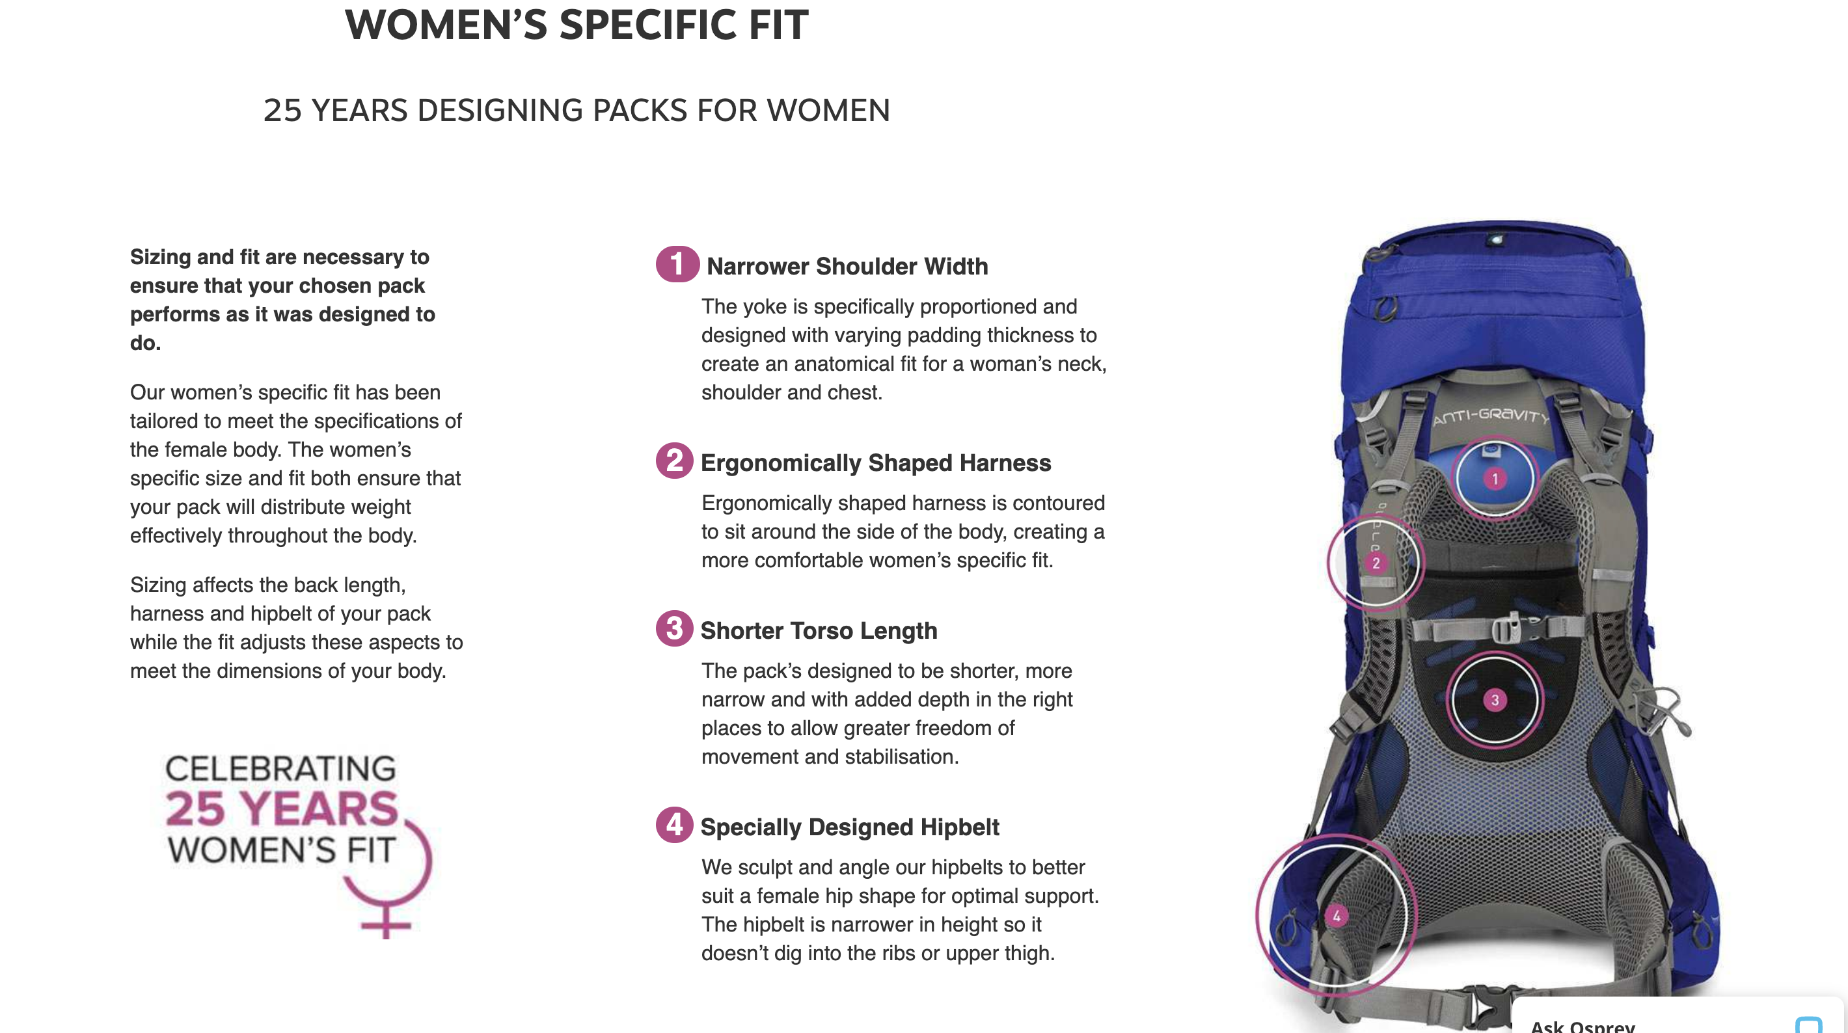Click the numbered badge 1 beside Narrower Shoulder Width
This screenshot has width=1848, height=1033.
pos(677,264)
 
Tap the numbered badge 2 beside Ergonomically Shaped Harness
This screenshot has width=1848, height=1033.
pos(674,461)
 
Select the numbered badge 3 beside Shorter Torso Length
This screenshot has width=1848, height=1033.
pos(674,628)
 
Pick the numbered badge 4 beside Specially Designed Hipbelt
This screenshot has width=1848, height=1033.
pos(674,825)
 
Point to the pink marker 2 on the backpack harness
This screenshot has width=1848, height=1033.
pos(1375,563)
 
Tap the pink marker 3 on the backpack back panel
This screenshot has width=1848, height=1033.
pos(1495,700)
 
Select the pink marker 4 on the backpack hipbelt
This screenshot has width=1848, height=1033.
pos(1336,916)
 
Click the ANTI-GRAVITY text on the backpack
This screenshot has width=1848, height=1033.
pos(1490,416)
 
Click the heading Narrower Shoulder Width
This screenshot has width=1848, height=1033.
pos(847,266)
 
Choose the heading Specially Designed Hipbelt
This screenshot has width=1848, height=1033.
pos(849,827)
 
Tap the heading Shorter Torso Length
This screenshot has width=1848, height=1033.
pos(819,630)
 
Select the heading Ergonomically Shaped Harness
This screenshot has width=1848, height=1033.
pos(875,463)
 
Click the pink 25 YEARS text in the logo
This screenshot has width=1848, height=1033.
pos(281,809)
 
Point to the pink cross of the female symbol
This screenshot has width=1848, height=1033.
pos(386,923)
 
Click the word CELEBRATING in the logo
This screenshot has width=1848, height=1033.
pos(280,768)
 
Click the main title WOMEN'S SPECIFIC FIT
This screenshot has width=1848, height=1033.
pos(576,25)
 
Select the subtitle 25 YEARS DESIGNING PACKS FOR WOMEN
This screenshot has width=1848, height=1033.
pos(576,111)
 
